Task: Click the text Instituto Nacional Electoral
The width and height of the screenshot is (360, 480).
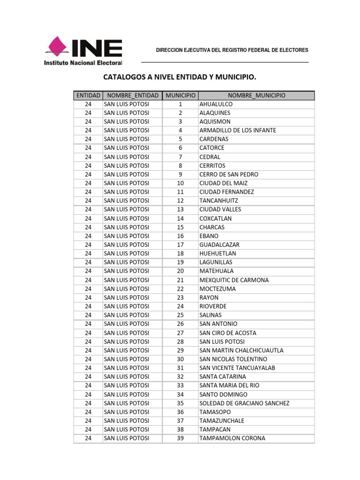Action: click(83, 62)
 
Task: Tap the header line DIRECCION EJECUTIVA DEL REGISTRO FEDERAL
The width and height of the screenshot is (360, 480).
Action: click(232, 50)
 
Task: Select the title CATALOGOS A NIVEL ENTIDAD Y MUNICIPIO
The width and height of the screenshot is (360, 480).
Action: click(180, 76)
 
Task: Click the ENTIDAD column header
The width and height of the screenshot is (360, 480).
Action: click(88, 95)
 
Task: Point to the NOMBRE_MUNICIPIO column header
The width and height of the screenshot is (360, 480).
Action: click(255, 95)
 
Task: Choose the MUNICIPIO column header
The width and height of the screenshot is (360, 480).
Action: click(180, 95)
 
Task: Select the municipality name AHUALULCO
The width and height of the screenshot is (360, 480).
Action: click(216, 104)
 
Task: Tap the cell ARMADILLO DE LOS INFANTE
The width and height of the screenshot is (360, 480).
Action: click(238, 130)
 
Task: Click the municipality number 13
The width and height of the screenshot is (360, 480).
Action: click(180, 210)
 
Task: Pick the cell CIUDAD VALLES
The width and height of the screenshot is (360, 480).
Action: click(220, 210)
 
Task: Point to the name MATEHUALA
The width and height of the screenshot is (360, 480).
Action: click(216, 271)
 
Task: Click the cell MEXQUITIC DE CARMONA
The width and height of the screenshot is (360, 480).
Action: click(234, 280)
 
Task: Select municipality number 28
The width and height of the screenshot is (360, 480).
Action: click(180, 342)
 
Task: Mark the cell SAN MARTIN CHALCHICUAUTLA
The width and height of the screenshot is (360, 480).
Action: click(241, 350)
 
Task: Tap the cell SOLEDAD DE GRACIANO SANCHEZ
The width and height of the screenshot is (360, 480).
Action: click(244, 403)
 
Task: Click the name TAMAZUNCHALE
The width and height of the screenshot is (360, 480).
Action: click(222, 420)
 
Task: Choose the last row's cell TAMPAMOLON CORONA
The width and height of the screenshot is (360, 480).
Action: click(232, 438)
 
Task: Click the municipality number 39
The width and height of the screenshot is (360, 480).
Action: click(180, 438)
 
